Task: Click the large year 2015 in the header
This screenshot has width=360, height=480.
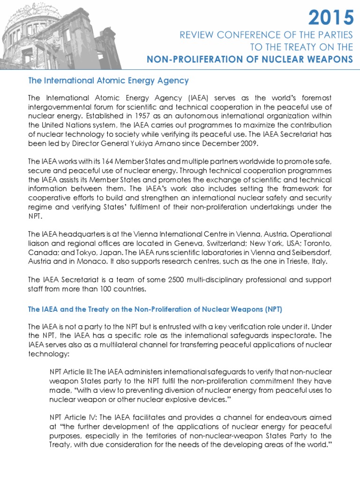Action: [331, 18]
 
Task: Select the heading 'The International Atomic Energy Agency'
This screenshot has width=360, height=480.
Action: [108, 81]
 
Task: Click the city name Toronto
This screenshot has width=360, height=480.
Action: [317, 243]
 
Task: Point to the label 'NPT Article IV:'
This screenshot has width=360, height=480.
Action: [71, 417]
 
